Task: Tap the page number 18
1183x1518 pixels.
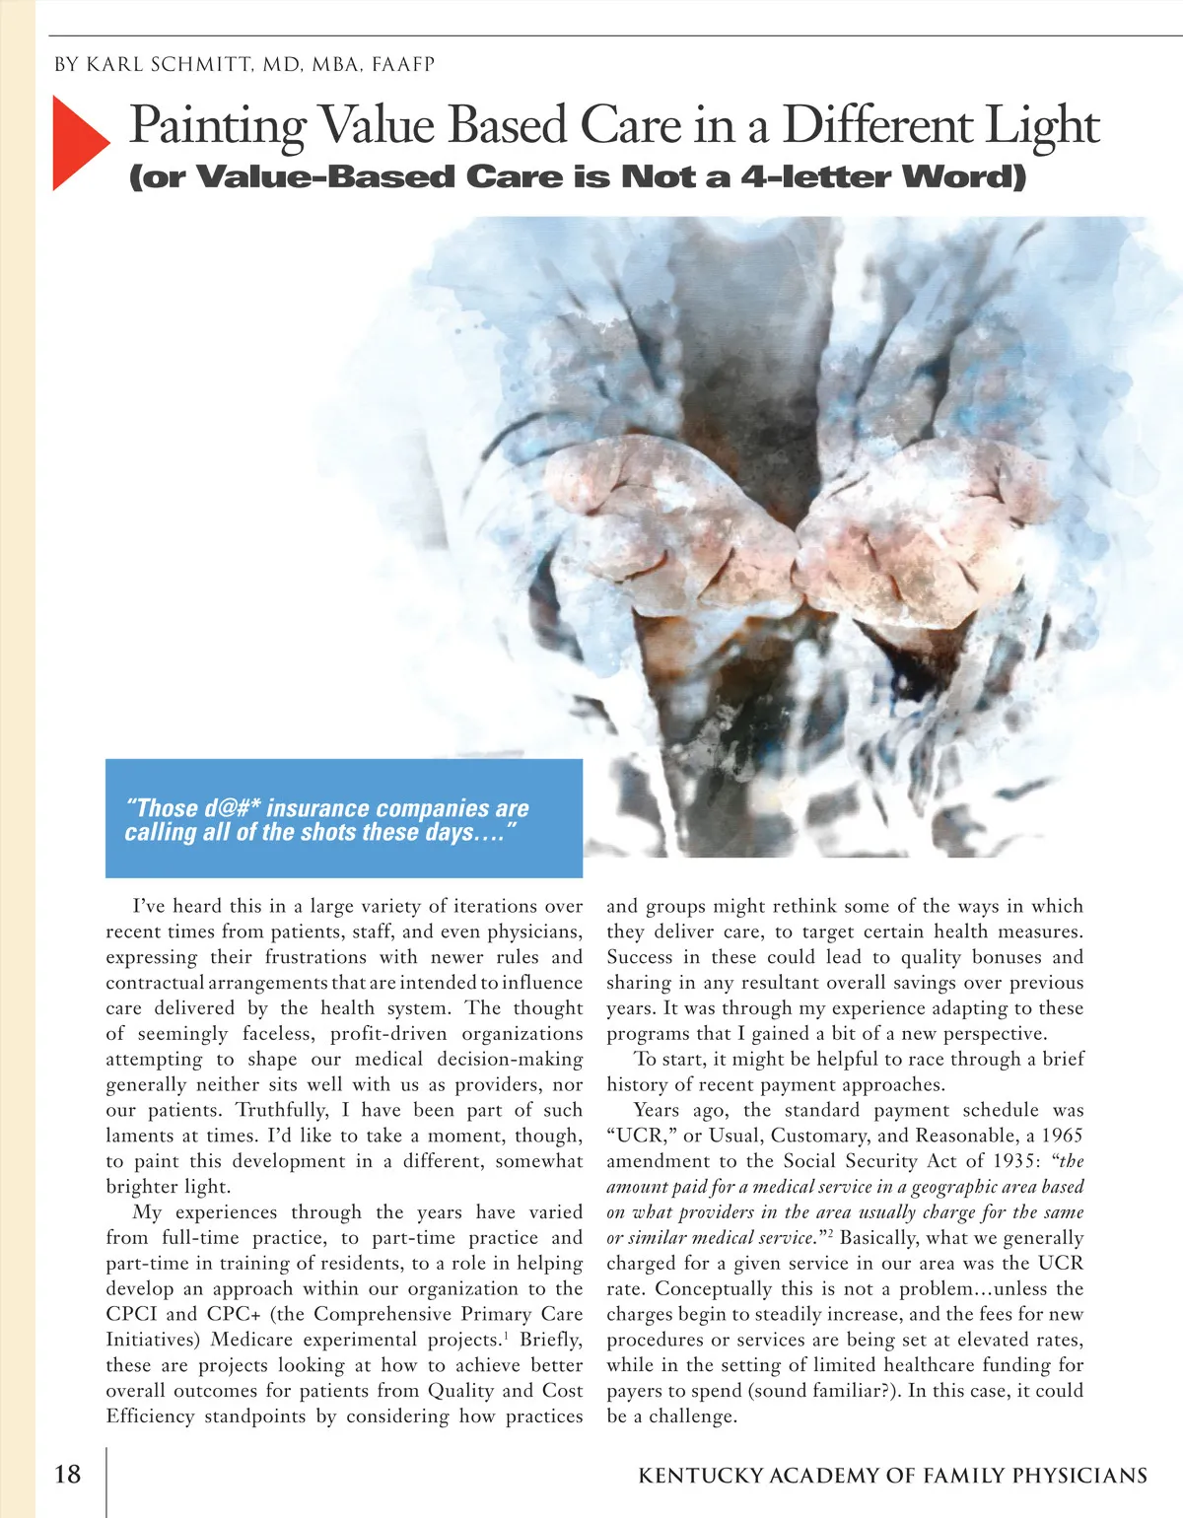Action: (68, 1474)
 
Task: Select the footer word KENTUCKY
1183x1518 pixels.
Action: (700, 1476)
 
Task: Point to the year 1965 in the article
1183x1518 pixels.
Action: (1062, 1136)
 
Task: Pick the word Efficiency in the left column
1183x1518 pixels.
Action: (151, 1416)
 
